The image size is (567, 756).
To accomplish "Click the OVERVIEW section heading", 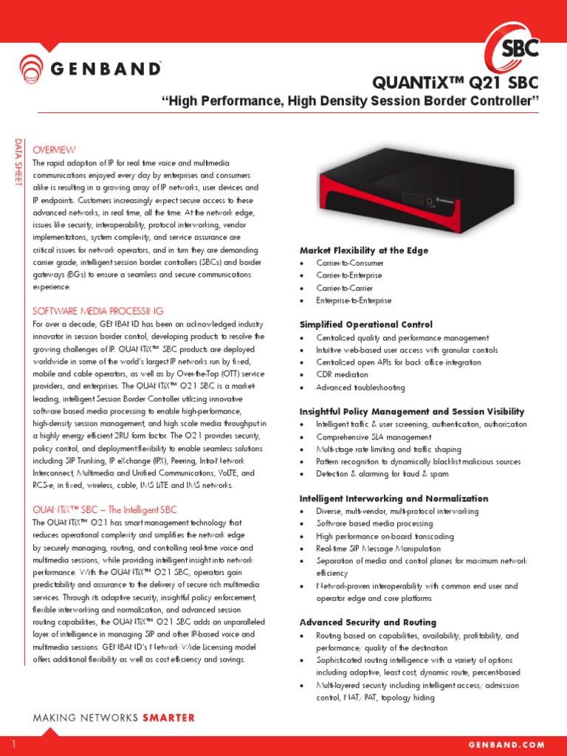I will pyautogui.click(x=55, y=150).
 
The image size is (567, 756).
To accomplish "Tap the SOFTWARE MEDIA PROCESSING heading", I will pyautogui.click(x=98, y=311).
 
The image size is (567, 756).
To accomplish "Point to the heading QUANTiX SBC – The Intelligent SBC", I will pyautogui.click(x=105, y=509).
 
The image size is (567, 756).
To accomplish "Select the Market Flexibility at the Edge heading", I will pyautogui.click(x=363, y=251).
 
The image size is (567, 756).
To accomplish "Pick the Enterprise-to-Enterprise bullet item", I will pyautogui.click(x=354, y=300).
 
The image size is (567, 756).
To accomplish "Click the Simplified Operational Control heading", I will pyautogui.click(x=365, y=325).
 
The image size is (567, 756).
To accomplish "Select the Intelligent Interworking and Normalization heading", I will pyautogui.click(x=394, y=498).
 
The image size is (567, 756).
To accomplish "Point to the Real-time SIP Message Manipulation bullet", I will pyautogui.click(x=378, y=549).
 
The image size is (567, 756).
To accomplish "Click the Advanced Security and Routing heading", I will pyautogui.click(x=368, y=622).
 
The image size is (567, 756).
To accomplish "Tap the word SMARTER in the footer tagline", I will pyautogui.click(x=168, y=718).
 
